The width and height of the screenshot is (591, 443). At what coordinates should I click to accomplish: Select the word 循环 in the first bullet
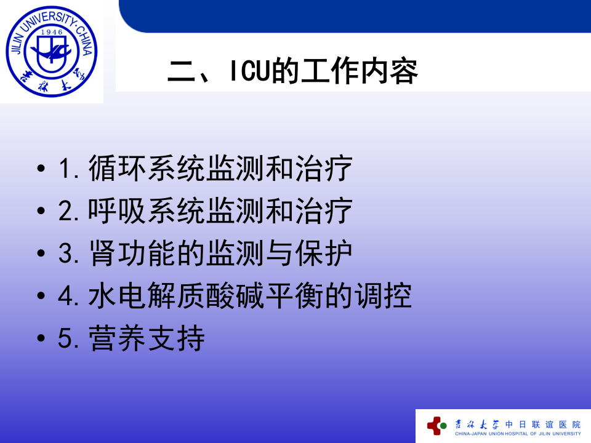pos(118,169)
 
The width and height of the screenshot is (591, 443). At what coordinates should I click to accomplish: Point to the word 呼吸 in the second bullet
pos(118,212)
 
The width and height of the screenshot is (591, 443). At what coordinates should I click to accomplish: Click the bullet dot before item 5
pos(41,340)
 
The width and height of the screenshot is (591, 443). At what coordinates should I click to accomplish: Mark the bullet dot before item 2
pos(41,212)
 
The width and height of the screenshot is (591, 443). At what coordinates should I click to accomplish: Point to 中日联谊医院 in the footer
pos(542,424)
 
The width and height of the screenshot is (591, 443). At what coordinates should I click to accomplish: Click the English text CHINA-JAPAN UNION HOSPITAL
pos(492,434)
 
